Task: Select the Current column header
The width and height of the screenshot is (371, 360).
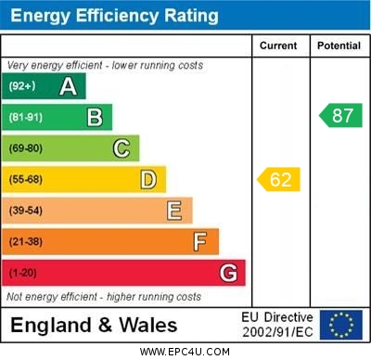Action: point(278,45)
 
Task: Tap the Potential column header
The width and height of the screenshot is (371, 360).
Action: point(339,45)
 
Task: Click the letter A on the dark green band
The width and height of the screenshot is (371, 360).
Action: point(68,86)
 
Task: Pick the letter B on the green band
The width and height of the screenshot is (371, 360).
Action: point(95,117)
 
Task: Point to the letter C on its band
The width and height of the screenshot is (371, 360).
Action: point(122,148)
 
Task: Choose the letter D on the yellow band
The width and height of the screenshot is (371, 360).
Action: point(148,179)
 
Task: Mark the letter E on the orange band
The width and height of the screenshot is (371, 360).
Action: point(174,211)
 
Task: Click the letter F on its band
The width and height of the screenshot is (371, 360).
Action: point(200,241)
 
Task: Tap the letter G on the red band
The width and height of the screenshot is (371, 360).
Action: point(228,273)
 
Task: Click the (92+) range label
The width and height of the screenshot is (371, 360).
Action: point(22,87)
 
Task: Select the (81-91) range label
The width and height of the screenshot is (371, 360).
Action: point(26,118)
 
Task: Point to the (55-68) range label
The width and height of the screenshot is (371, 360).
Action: point(26,180)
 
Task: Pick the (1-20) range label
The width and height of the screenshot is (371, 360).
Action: point(23,274)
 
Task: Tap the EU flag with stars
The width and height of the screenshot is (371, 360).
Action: point(340,325)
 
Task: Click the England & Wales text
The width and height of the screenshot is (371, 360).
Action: point(94,325)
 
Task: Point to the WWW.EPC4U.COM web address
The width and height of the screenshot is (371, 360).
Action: point(185,352)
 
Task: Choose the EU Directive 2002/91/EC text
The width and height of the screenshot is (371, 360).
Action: point(277,325)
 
